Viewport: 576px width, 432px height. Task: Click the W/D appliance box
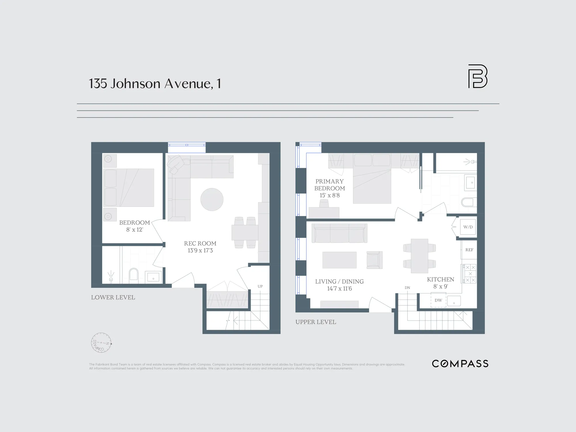tap(468, 227)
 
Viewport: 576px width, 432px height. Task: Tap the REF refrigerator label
tap(469, 250)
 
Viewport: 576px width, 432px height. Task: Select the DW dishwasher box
tap(438, 300)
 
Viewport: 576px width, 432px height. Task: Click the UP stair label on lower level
tap(260, 286)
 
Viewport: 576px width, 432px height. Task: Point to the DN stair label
tap(407, 288)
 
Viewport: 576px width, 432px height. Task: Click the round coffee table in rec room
tap(212, 199)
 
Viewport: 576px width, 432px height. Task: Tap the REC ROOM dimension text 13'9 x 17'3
tap(200, 251)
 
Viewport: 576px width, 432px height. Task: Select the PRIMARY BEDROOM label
tap(329, 185)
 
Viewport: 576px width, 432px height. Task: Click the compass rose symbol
tap(101, 343)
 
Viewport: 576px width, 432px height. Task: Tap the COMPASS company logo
tap(460, 364)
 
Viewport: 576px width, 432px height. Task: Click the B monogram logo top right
tap(478, 76)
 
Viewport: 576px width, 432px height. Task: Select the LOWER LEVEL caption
tap(113, 298)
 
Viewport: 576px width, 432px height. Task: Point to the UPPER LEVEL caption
tap(316, 322)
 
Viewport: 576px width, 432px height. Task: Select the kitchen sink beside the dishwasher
tap(454, 301)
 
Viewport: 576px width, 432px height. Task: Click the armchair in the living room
tap(374, 260)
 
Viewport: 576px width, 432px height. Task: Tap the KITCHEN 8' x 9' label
tap(440, 283)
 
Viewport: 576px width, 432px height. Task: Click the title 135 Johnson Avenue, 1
tap(155, 84)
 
